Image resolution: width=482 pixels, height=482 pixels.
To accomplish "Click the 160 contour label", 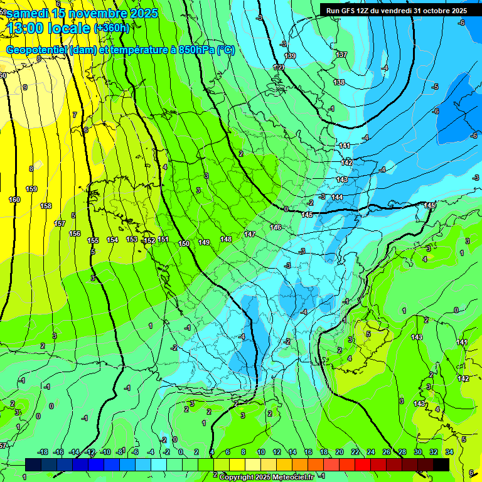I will (x=14, y=200).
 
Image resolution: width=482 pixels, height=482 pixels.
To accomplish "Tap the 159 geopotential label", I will (x=31, y=189).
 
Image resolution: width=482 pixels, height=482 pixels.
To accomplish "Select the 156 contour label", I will (x=75, y=233).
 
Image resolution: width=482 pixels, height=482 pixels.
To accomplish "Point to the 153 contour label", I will (x=132, y=239).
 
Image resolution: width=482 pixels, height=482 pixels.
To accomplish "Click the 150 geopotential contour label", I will (x=184, y=244).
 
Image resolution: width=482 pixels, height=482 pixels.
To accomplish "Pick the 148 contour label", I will (x=226, y=239).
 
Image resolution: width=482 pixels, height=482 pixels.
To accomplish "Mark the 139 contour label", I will (x=290, y=56).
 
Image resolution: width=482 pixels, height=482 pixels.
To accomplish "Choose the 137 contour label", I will (x=341, y=55).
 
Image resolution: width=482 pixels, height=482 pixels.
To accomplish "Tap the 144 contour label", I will (x=337, y=198).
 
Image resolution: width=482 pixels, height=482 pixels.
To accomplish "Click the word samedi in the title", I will (x=28, y=13).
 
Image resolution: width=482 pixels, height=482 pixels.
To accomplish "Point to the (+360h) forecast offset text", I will (x=111, y=28).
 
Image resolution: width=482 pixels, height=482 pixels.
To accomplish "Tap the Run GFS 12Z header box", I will (x=397, y=11).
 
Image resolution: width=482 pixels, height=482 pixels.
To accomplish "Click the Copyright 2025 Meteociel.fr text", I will (x=267, y=477).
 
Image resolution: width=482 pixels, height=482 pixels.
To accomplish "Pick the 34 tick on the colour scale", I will (x=449, y=452).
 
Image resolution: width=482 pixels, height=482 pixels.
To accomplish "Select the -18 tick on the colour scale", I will (x=43, y=452).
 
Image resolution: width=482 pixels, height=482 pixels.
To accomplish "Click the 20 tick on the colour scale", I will (x=340, y=452).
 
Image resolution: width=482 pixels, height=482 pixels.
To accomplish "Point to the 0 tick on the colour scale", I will (x=181, y=452).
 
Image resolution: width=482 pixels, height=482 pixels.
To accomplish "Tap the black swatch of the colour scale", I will (x=441, y=464).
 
